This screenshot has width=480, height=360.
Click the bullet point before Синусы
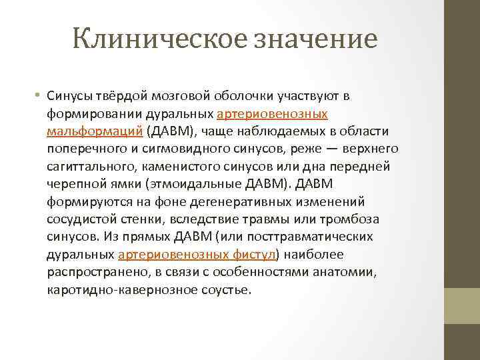(39, 96)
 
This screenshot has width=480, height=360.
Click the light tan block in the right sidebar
(462, 301)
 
